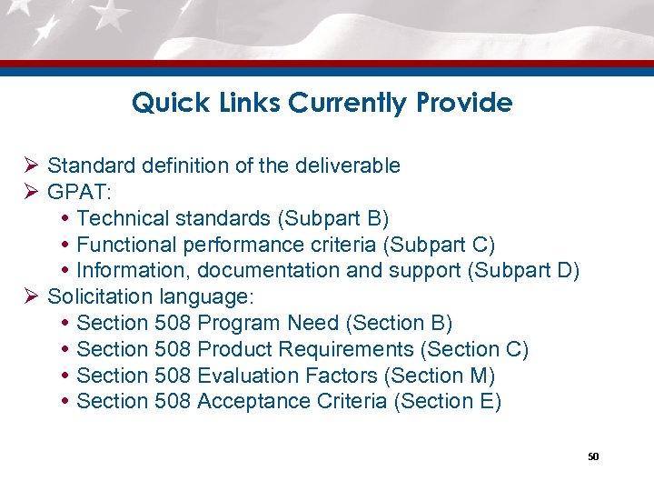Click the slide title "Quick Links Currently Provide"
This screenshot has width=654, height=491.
[x=322, y=103]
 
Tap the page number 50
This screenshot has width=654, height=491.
[x=593, y=456]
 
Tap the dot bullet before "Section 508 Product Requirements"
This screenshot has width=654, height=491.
[x=66, y=350]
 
